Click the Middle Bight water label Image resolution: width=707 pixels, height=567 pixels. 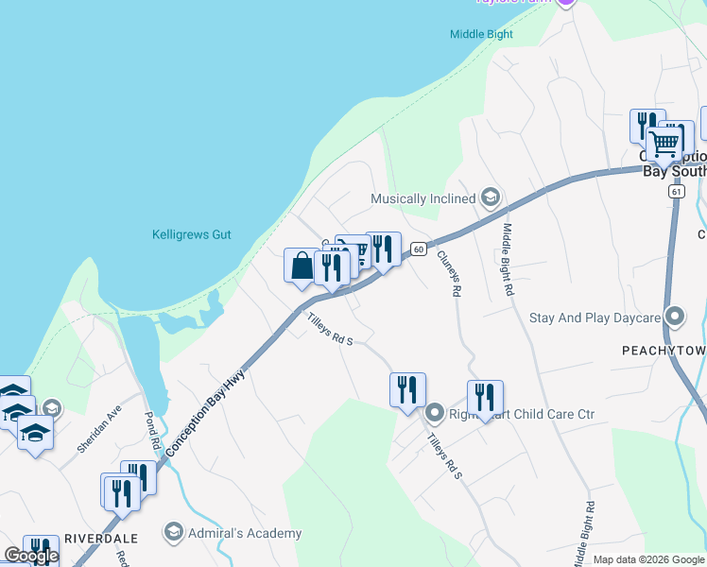[x=481, y=35]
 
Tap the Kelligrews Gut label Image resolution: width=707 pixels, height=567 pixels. [x=192, y=235]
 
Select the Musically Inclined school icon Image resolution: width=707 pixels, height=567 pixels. [x=490, y=198]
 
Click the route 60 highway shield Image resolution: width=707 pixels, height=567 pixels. [x=418, y=249]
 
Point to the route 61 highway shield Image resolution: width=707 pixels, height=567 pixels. [x=676, y=191]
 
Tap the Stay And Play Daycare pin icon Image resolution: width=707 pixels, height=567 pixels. [x=674, y=317]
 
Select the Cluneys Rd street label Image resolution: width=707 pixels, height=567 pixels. [x=447, y=274]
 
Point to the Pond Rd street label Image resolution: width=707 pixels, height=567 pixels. [x=152, y=430]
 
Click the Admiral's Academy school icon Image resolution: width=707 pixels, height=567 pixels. [x=173, y=533]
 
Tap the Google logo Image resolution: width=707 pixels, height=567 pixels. [x=31, y=556]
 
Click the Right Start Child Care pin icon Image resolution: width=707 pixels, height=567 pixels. [x=434, y=412]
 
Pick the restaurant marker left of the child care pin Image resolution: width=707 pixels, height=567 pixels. [x=407, y=389]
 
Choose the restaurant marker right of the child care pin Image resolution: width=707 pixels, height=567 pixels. [x=485, y=397]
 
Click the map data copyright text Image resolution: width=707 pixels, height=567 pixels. [x=648, y=559]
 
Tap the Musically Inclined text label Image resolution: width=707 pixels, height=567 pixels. [x=422, y=199]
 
